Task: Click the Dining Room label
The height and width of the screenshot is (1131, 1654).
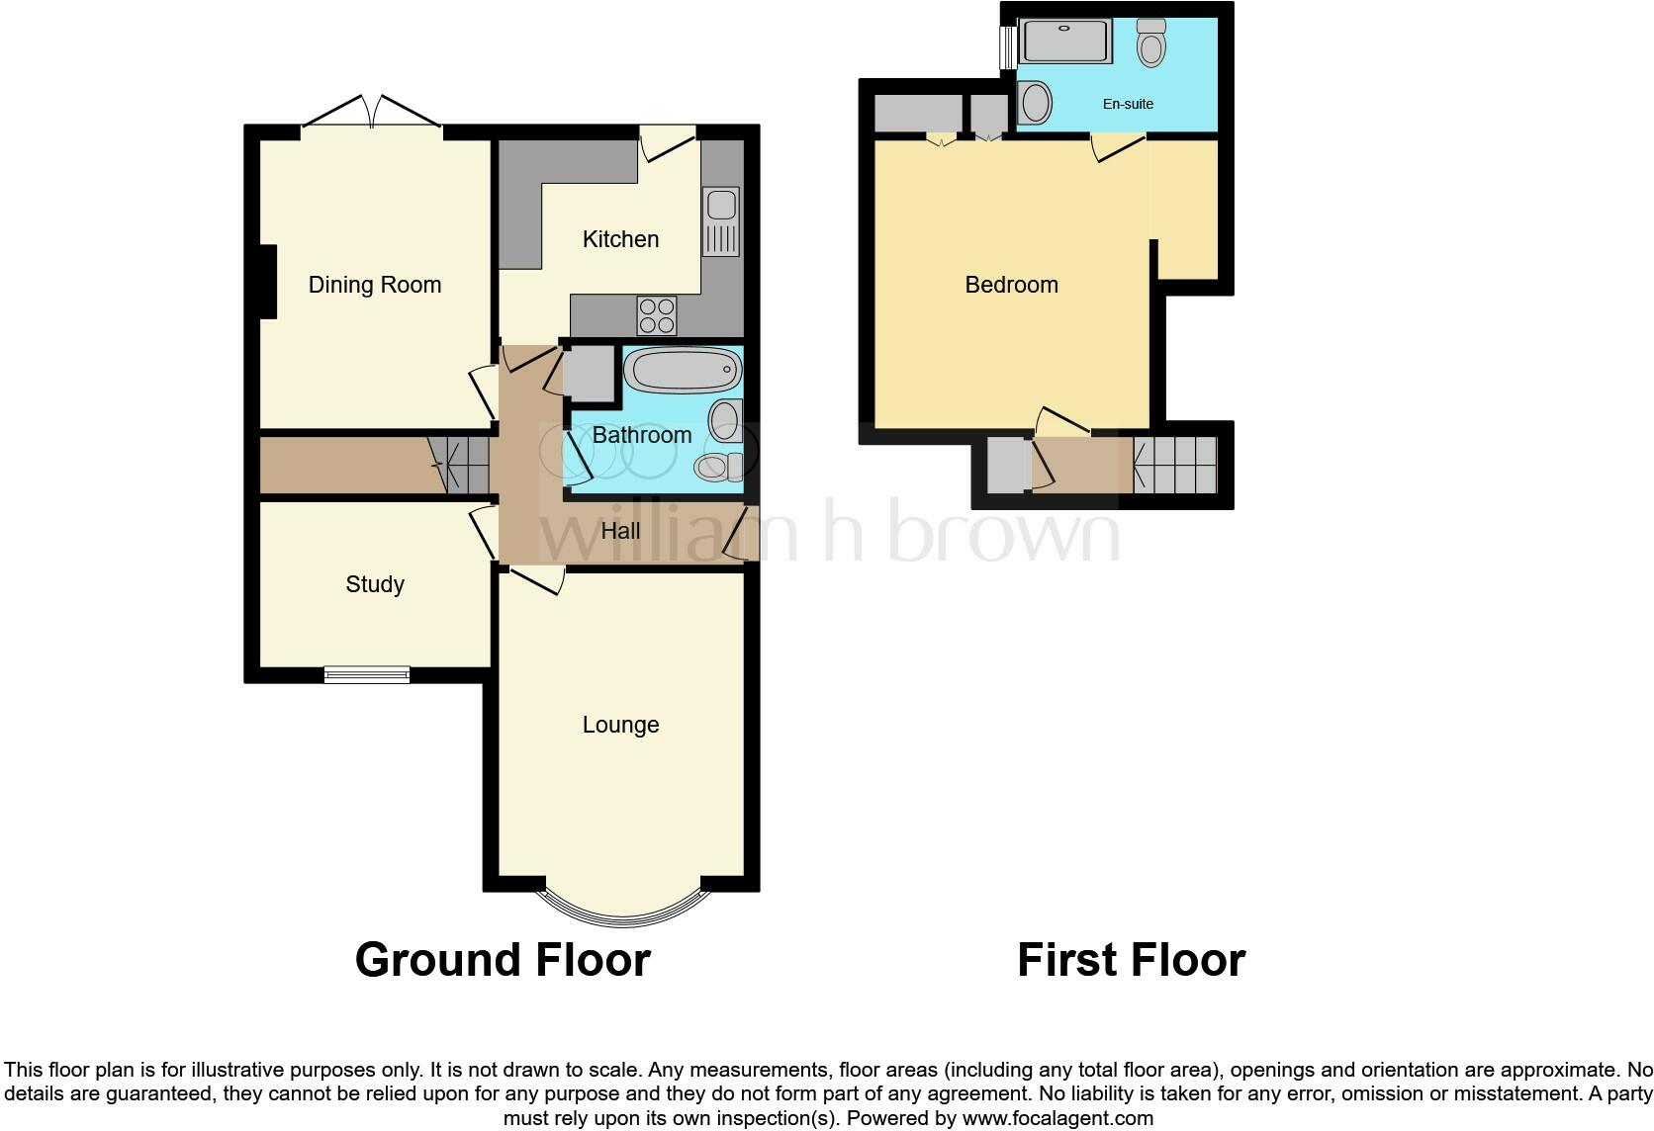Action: coord(374,285)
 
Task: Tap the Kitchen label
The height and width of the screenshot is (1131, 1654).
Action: coord(620,239)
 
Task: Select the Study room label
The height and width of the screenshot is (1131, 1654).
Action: coord(374,584)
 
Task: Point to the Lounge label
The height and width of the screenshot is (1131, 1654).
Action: coord(620,725)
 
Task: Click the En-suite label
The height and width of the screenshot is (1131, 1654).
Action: coord(1128,104)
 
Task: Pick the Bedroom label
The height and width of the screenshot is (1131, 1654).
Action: coord(1011,285)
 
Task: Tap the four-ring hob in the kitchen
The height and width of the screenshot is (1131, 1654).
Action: coord(657,315)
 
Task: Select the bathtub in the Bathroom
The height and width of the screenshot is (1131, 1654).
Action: coord(682,372)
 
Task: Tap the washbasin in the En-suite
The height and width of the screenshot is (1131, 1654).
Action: coord(1034,102)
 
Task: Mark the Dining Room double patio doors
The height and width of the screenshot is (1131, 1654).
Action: coord(371,112)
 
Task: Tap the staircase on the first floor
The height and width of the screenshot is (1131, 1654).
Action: coord(1175,465)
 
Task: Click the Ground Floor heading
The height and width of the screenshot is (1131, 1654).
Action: coord(503,960)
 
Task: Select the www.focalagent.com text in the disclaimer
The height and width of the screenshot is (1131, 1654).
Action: coord(1057,1119)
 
